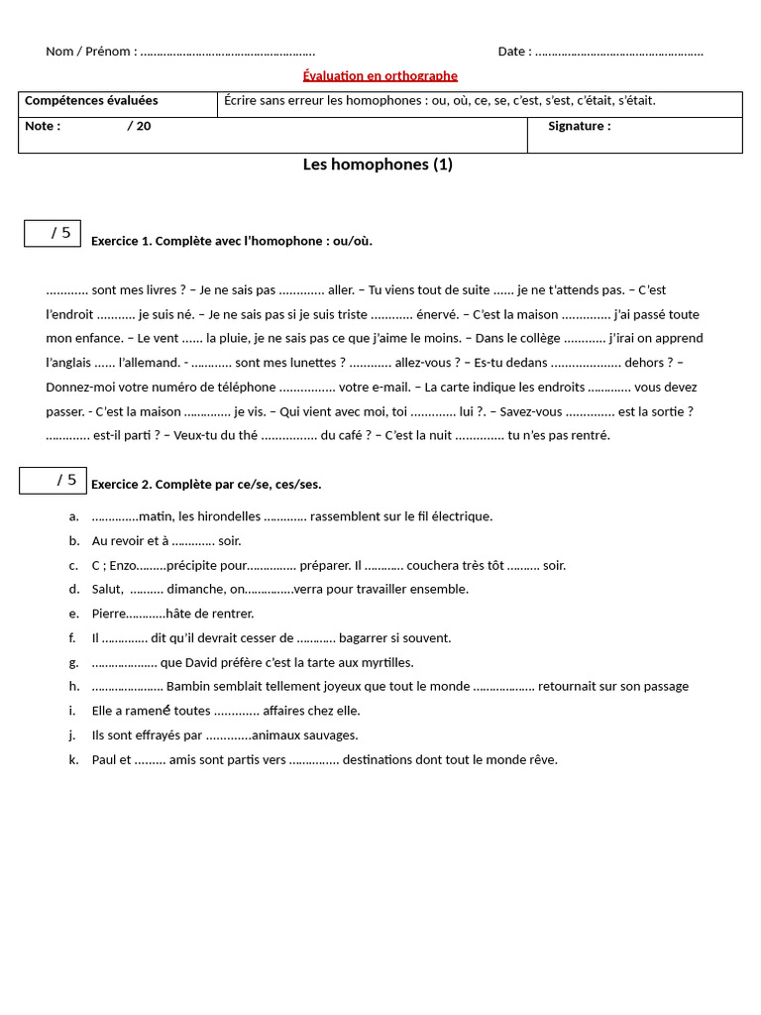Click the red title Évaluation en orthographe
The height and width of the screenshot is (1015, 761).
(x=380, y=75)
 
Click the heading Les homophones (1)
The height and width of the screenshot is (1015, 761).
(x=378, y=165)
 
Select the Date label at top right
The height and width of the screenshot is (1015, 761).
(x=514, y=52)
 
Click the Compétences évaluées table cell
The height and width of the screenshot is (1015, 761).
(x=91, y=101)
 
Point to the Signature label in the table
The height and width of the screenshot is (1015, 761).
(x=579, y=126)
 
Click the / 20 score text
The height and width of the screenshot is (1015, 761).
(x=139, y=126)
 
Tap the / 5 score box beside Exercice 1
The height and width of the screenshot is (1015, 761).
(x=53, y=233)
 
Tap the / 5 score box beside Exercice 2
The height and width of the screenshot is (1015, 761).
(x=54, y=481)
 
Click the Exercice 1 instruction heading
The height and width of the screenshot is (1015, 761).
(x=232, y=241)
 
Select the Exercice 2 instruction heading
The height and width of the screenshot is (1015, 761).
(x=206, y=485)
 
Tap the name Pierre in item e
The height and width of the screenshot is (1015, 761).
(x=108, y=614)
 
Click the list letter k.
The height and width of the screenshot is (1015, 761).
(x=73, y=759)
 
